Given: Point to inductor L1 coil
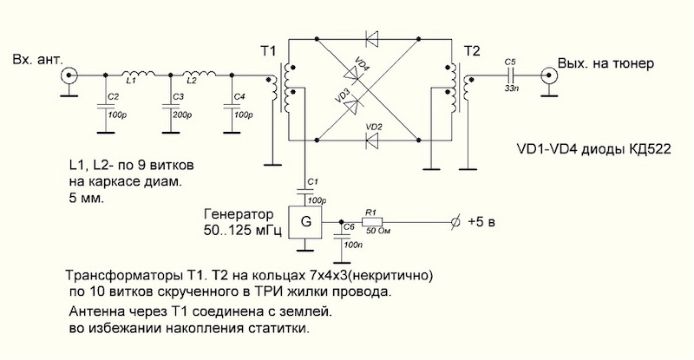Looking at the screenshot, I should tap(135, 74).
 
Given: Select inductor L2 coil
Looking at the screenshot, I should tap(199, 74).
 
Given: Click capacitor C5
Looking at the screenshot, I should tap(509, 76).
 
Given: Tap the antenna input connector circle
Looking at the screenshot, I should tap(69, 76).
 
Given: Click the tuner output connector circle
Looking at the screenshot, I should tap(550, 76).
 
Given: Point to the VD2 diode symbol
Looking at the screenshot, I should tap(374, 139).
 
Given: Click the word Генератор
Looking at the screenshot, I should tap(238, 213).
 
